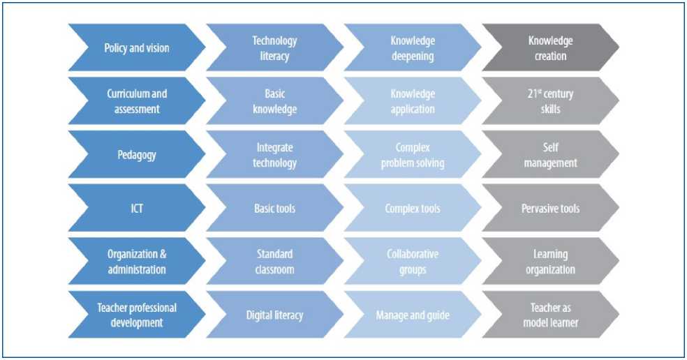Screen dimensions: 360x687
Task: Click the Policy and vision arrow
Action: coord(137,48)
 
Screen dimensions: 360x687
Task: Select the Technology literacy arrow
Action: coord(274,48)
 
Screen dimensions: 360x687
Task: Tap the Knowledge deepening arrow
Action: coord(413,48)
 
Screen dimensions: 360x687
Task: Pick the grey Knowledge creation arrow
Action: coord(550,48)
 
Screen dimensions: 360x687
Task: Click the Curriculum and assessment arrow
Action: coord(137,101)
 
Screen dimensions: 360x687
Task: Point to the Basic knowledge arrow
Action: coord(274,101)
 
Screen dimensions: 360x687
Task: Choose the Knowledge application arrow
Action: coord(413,101)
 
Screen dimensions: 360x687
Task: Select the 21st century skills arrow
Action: coord(550,101)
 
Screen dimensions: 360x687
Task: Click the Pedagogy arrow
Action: coord(137,155)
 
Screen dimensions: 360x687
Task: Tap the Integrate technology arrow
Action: coord(274,155)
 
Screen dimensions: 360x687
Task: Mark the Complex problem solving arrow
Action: coord(413,155)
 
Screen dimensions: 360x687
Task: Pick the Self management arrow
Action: coord(550,155)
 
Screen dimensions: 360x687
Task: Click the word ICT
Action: coord(137,208)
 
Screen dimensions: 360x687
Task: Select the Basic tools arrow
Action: coord(274,208)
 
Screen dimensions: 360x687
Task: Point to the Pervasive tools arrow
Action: coord(550,208)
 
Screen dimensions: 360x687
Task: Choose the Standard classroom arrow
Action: coord(274,261)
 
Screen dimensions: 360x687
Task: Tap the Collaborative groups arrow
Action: coord(413,261)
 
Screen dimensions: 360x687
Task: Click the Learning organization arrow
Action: coord(550,261)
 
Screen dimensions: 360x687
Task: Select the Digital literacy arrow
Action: coord(274,315)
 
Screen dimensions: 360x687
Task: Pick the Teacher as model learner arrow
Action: coord(550,315)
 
